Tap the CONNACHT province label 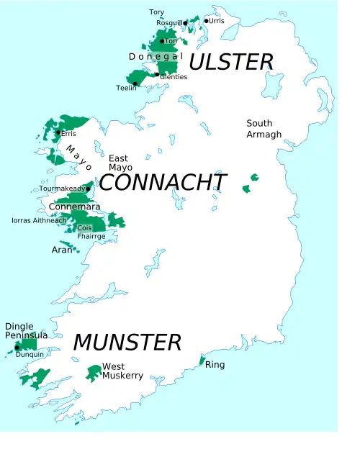(162, 182)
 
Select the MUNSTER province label (127, 341)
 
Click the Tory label (156, 12)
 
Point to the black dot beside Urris (206, 21)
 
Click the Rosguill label (169, 23)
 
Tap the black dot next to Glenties (157, 74)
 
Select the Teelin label (126, 88)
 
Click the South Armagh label (264, 129)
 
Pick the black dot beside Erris (58, 132)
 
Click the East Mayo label (120, 163)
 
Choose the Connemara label (70, 207)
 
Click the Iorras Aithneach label (39, 220)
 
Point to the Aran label (62, 250)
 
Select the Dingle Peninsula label (26, 331)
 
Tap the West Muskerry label (122, 371)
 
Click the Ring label (215, 365)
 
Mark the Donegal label (156, 56)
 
